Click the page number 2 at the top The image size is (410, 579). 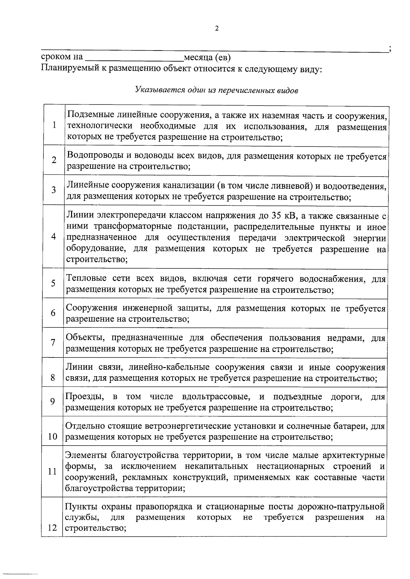pos(216,29)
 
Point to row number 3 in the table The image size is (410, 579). pos(54,190)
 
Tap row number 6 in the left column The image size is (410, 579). pos(53,313)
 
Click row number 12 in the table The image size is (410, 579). pos(52,528)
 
